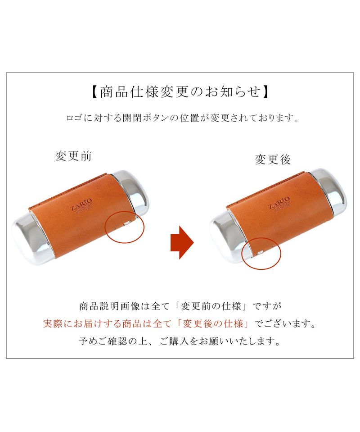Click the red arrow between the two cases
(x=182, y=242)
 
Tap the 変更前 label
(x=73, y=156)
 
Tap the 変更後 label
(x=273, y=159)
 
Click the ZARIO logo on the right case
(x=279, y=203)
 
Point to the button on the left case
(x=127, y=223)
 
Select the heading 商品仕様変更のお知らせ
(x=180, y=92)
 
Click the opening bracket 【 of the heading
(x=94, y=92)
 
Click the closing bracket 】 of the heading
(x=265, y=92)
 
